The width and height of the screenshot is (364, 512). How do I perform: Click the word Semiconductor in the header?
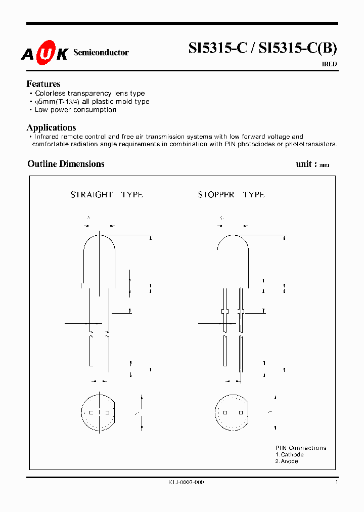[x=101, y=53]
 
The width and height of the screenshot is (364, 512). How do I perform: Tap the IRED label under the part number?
[x=329, y=64]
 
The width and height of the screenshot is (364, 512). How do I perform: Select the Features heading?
[x=43, y=84]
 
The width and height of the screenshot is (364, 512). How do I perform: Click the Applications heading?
[x=51, y=127]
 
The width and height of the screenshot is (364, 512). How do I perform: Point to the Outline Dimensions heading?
[x=66, y=164]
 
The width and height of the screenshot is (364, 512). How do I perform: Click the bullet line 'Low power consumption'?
[x=75, y=110]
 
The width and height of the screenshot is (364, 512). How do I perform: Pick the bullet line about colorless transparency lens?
[x=89, y=94]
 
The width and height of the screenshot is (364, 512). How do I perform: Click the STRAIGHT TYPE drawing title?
[x=106, y=195]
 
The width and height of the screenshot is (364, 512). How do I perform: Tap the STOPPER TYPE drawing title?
[x=231, y=195]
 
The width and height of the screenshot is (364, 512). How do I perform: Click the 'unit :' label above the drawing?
[x=306, y=164]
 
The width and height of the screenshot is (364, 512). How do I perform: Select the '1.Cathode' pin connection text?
[x=290, y=455]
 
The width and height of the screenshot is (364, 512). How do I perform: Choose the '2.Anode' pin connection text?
[x=287, y=461]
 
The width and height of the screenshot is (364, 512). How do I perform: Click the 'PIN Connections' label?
[x=301, y=448]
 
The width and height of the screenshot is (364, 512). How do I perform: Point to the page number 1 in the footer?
[x=336, y=483]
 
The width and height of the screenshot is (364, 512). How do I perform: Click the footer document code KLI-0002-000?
[x=186, y=483]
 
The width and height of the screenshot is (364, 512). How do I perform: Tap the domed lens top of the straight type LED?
[x=99, y=242]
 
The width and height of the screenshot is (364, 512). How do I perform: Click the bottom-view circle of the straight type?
[x=99, y=412]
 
